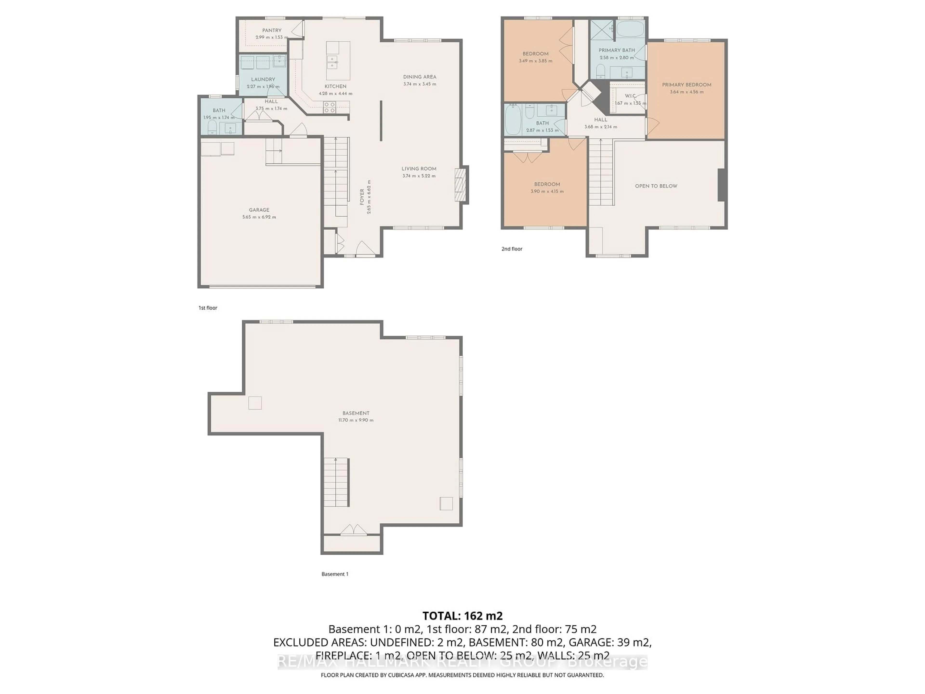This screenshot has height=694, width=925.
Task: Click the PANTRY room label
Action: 272,30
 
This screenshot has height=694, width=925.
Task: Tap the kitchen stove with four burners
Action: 330,107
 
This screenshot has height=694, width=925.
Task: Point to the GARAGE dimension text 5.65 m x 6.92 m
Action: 259,217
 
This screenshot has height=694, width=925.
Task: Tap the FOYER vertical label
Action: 362,197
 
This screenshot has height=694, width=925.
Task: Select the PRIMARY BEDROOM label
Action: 686,85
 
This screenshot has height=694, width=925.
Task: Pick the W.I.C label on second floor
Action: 630,96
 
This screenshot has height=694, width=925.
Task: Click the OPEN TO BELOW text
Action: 656,186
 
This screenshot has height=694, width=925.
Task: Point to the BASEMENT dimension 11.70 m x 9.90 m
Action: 356,420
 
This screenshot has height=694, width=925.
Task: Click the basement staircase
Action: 336,482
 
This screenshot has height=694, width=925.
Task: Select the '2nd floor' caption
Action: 512,249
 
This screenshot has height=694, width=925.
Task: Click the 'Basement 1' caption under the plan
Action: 335,574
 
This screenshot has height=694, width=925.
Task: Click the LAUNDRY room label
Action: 263,80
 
